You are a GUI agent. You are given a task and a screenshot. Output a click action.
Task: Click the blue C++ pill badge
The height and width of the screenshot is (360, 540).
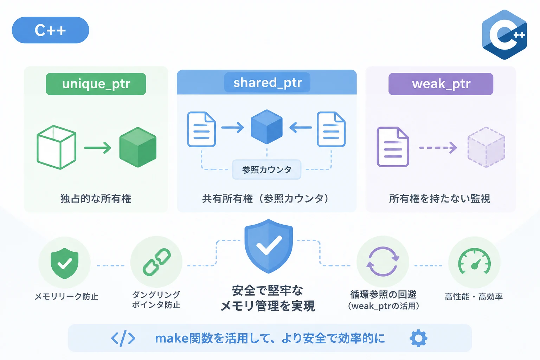click(x=50, y=30)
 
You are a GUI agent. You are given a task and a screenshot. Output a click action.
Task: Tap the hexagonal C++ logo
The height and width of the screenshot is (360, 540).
click(x=504, y=35)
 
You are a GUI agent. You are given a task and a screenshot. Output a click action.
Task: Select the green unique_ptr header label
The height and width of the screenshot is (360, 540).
click(x=96, y=84)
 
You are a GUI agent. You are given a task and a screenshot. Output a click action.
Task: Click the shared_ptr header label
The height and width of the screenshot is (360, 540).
click(x=267, y=83)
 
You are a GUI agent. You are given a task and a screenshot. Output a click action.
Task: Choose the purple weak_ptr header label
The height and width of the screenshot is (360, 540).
click(x=441, y=84)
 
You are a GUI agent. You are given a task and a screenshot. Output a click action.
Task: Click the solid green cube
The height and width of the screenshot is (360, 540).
click(x=138, y=147)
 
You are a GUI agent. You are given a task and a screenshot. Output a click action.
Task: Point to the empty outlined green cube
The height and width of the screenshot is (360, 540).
click(x=56, y=147)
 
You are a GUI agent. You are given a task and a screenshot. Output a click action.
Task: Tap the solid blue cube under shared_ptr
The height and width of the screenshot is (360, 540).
click(x=266, y=127)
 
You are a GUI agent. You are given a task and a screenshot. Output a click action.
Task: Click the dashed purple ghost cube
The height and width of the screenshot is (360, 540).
click(x=486, y=147)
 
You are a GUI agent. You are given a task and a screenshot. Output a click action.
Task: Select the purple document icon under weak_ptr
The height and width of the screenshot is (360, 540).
click(x=393, y=147)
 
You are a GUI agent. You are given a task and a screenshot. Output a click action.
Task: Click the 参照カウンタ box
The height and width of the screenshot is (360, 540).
click(x=266, y=169)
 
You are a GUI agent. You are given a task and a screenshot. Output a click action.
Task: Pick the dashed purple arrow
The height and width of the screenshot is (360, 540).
click(x=438, y=148)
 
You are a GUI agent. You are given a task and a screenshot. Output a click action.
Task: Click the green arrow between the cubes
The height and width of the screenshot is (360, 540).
click(x=98, y=148)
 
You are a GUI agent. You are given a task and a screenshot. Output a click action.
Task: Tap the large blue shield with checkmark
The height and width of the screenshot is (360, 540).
click(x=269, y=246)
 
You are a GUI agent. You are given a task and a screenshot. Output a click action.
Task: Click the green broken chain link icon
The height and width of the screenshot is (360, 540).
click(x=157, y=262)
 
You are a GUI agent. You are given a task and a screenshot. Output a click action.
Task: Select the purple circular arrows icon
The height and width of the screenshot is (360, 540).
click(x=383, y=261)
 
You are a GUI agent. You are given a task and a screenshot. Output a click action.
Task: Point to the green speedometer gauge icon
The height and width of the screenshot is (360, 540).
click(x=474, y=261)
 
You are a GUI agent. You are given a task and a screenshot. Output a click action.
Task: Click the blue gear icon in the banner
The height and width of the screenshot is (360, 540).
click(x=418, y=338)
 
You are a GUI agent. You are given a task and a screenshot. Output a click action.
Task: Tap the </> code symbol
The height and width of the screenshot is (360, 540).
click(x=123, y=338)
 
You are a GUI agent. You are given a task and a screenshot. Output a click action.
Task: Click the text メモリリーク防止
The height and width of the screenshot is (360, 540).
click(x=66, y=296)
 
